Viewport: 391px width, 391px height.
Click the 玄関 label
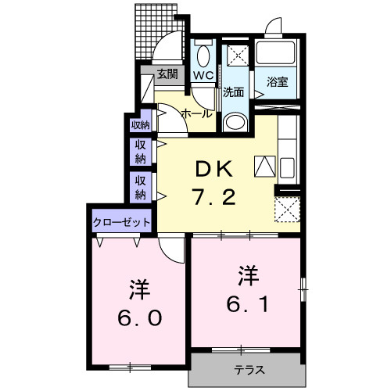[166, 75]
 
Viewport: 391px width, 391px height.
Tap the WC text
[203, 76]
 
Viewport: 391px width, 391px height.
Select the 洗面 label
[233, 91]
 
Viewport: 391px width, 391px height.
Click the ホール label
[195, 114]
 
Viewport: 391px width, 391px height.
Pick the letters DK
[210, 167]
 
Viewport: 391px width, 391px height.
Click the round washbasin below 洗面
[235, 122]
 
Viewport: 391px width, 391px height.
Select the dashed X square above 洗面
[237, 56]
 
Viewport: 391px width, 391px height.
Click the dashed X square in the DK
[287, 210]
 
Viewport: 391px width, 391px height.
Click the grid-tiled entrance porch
[156, 31]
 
